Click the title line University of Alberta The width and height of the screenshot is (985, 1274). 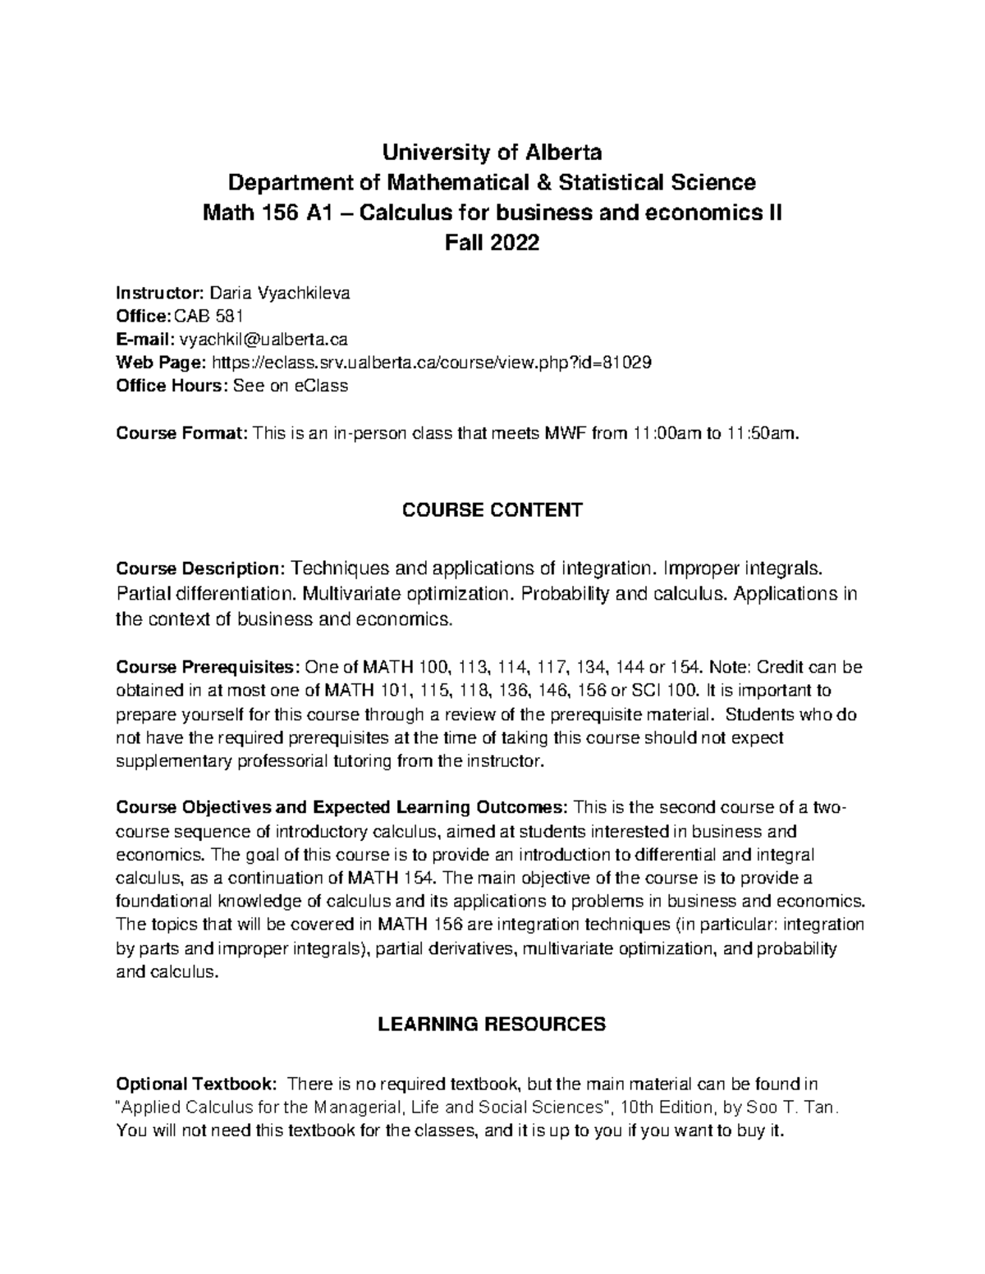point(492,153)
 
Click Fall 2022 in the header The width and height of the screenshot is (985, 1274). point(492,243)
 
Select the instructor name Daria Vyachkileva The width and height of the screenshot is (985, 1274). point(280,292)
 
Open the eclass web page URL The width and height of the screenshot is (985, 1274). point(432,362)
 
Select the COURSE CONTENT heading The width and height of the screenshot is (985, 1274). point(492,510)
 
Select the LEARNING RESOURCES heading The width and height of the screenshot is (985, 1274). point(492,1024)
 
